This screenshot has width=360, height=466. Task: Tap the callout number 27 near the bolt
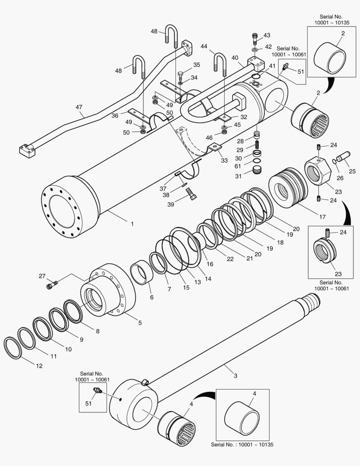(x=42, y=276)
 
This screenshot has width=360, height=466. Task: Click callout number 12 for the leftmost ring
(x=39, y=366)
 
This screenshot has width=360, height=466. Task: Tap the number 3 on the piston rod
(x=235, y=375)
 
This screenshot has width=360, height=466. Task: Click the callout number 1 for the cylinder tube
(x=132, y=224)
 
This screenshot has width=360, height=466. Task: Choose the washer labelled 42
(x=255, y=50)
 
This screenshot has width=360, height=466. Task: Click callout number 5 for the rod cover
(x=140, y=322)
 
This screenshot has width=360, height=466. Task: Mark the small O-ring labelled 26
(x=334, y=162)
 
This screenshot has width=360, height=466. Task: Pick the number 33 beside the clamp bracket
(x=224, y=161)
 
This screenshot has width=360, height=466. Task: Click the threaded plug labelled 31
(x=257, y=174)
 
